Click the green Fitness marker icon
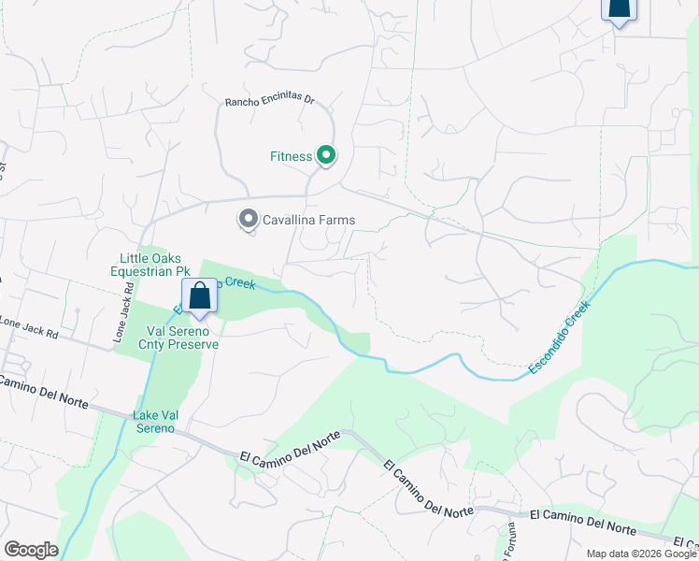coord(325,155)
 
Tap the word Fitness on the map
coord(291,156)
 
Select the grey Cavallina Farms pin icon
coord(248,220)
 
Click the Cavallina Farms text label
coord(308,221)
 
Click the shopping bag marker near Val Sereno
coord(199,296)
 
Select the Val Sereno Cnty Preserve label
coord(182,338)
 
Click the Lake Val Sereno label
coord(153,422)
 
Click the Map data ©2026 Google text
coord(641,553)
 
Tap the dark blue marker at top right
coord(618,8)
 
